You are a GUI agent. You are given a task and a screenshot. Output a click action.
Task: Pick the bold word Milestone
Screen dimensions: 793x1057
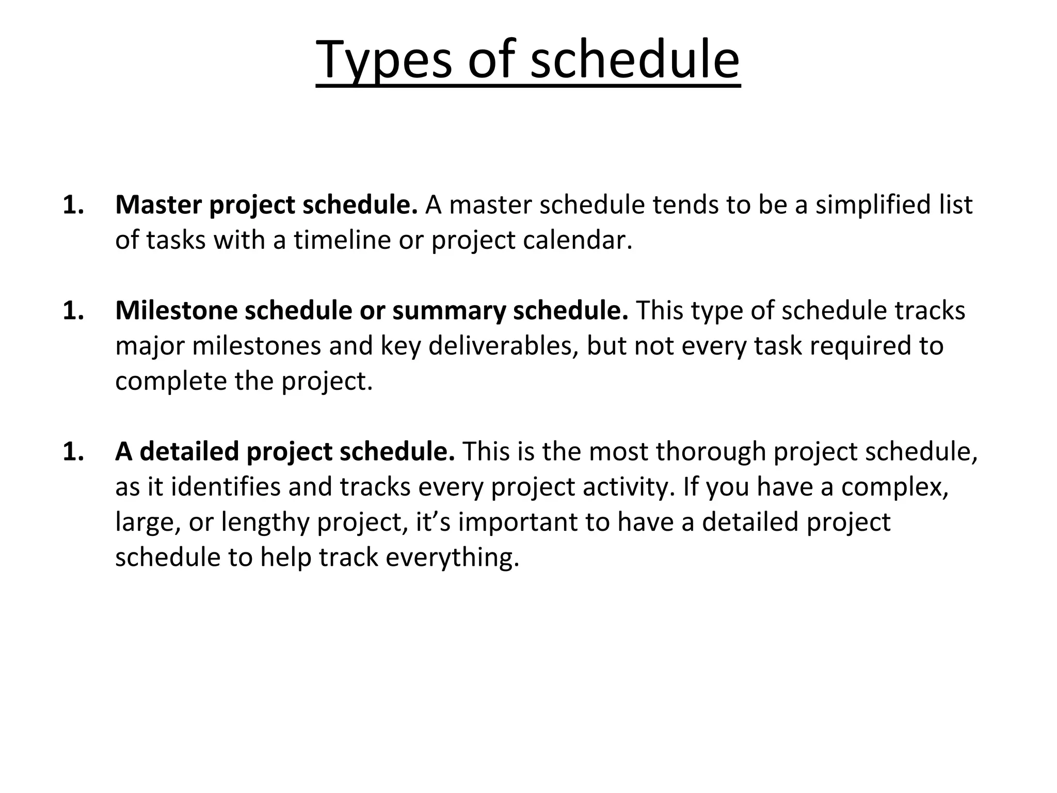coord(175,310)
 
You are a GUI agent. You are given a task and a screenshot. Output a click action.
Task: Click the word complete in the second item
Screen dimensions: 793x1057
coord(170,381)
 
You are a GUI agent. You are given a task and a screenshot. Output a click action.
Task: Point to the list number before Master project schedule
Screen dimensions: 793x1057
coord(73,204)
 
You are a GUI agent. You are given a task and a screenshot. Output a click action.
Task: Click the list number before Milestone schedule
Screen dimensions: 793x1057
coord(73,310)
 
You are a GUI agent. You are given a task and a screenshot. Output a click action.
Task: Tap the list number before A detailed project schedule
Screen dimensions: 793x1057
coord(73,451)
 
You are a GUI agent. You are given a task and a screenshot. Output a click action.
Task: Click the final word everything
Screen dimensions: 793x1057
coord(452,557)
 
